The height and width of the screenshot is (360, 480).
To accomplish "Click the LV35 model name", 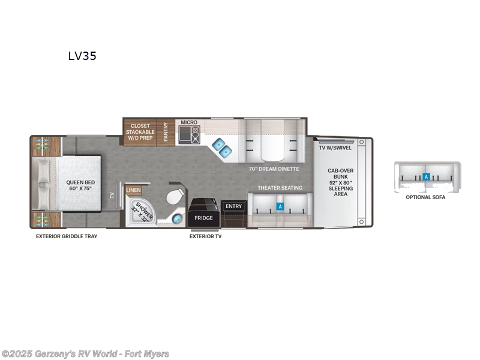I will [82, 56].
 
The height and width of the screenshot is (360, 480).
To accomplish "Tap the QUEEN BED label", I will [80, 186].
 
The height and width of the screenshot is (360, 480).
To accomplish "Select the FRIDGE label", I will [203, 218].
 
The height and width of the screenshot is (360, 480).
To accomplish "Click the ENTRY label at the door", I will [233, 206].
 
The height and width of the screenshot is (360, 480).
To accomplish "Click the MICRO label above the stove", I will [189, 122].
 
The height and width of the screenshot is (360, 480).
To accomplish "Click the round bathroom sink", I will [178, 218].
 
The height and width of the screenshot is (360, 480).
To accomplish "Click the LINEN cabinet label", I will [133, 190].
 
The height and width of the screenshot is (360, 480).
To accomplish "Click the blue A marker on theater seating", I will [279, 206].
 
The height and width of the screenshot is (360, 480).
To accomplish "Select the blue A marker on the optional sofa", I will [425, 177].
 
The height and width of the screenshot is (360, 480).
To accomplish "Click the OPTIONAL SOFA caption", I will [425, 197].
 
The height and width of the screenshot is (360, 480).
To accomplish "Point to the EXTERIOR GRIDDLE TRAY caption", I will [66, 236].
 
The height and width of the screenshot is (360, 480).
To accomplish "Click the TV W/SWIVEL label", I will [335, 148].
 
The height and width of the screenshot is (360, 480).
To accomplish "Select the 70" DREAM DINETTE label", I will [274, 169].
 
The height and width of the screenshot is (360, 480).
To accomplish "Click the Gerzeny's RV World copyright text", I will [85, 354].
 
